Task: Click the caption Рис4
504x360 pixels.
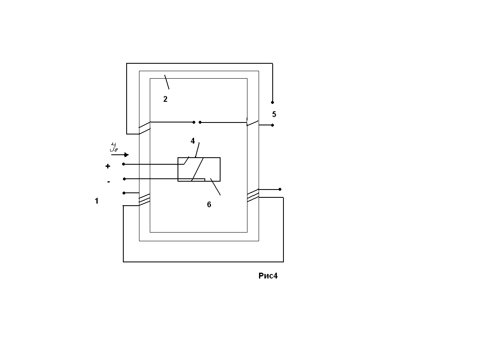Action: point(268,276)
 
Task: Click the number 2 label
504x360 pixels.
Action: point(165,99)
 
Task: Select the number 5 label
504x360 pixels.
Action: point(274,114)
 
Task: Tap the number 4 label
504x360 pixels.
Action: point(193,141)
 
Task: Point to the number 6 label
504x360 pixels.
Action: point(209,204)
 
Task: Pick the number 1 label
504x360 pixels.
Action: point(97,202)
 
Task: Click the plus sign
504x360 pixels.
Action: point(108,166)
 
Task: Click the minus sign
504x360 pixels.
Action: point(108,182)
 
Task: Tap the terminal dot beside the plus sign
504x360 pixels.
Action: point(124,164)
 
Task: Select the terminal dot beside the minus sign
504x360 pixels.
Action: point(124,179)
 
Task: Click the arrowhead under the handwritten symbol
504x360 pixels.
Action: point(126,155)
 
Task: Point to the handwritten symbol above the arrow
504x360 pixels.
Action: point(114,147)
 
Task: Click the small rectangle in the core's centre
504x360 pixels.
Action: point(199,169)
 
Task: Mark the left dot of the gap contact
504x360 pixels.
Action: point(194,122)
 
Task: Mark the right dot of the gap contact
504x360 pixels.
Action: point(200,122)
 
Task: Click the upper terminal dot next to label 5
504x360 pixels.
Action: point(272,102)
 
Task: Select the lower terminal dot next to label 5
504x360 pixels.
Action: point(272,125)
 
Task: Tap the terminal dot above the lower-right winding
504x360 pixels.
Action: point(280,189)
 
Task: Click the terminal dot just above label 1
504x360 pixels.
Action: point(124,193)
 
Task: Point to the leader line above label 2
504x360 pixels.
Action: point(167,82)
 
